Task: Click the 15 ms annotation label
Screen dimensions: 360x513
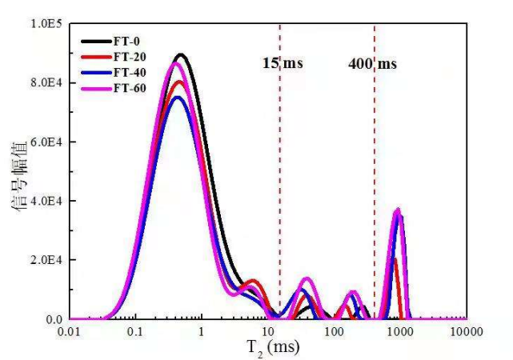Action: click(283, 62)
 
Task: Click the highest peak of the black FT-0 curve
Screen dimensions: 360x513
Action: click(181, 55)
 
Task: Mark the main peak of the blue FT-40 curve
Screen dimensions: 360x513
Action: click(177, 98)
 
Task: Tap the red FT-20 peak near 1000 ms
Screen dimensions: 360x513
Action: click(395, 259)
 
